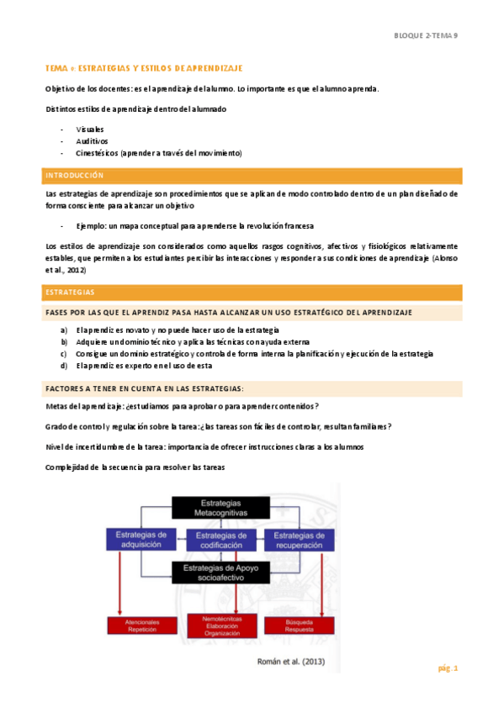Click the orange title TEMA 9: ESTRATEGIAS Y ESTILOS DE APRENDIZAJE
coord(143,67)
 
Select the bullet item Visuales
coord(89,129)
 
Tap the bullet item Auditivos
coord(92,141)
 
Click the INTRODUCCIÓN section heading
coord(75,176)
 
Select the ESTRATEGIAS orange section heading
coord(71,293)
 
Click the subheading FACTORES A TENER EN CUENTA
coord(145,388)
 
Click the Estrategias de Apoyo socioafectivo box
coord(220,572)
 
